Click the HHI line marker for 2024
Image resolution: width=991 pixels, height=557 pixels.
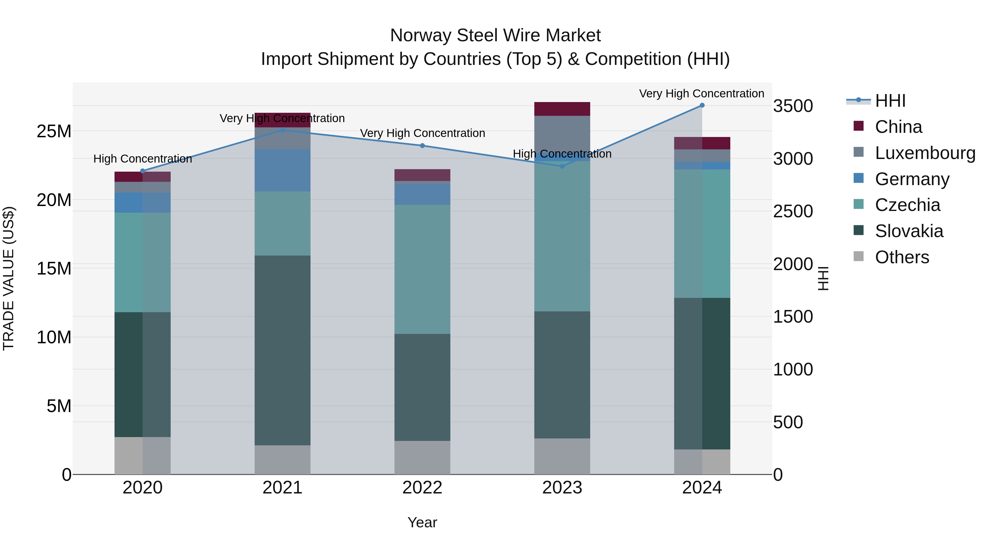702,105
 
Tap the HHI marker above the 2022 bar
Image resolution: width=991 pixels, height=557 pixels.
422,146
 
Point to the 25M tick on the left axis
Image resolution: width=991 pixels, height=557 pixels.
54,131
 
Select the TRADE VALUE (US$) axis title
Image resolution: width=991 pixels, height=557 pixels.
9,278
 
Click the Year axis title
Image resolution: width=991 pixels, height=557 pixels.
422,522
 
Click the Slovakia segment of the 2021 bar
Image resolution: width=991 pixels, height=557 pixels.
282,350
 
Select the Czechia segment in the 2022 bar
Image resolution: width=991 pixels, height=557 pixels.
422,269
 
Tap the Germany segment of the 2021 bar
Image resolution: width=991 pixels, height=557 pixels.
282,170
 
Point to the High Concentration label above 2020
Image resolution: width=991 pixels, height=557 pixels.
142,159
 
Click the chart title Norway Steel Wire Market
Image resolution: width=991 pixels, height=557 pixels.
495,35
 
